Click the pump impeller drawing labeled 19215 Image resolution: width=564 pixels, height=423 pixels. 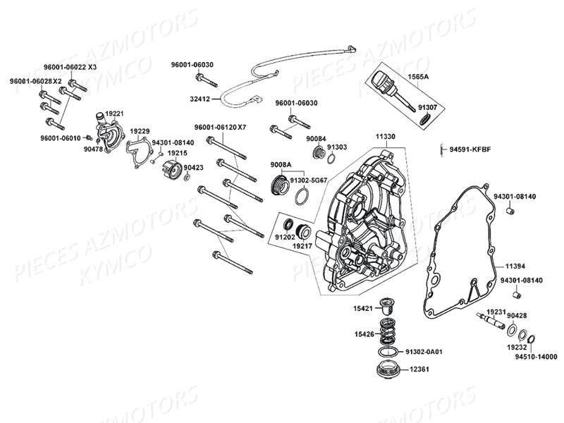pos(170,170)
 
